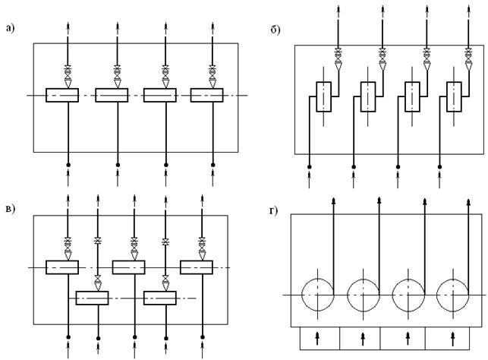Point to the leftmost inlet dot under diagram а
68,164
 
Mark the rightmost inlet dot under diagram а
213,164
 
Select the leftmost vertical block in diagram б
324,96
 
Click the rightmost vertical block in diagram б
455,96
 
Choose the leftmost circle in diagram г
316,293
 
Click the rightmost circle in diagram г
453,293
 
